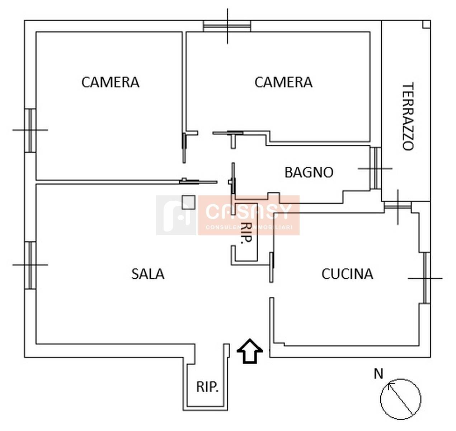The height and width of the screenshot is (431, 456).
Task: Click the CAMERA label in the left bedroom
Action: [x=111, y=82]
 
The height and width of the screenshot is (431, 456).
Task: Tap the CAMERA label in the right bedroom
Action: [x=283, y=82]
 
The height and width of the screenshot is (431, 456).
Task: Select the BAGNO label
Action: [x=309, y=172]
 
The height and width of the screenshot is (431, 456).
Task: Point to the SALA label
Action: [x=148, y=274]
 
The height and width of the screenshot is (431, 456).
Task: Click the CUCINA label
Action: [x=347, y=274]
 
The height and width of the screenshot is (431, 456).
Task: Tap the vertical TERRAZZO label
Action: [x=408, y=116]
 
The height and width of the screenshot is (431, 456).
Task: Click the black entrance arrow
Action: [x=250, y=351]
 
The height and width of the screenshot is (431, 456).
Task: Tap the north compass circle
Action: [x=401, y=399]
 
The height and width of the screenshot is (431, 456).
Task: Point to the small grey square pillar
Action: [x=188, y=203]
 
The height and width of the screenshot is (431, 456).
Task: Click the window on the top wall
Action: [x=227, y=26]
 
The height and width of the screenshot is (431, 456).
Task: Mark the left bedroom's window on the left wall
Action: [x=30, y=130]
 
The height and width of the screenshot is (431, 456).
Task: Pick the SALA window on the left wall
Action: [x=30, y=265]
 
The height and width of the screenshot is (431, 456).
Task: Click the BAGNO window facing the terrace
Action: [x=376, y=168]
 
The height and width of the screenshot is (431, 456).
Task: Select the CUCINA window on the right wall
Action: [x=425, y=278]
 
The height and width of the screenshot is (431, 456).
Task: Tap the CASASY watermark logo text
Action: [x=249, y=212]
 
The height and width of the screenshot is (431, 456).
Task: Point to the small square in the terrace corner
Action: [x=427, y=24]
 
